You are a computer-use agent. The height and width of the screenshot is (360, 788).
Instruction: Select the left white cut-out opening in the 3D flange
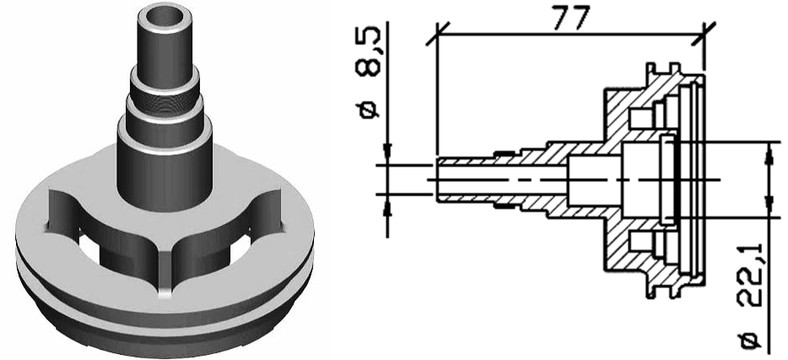pos(89,245)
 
